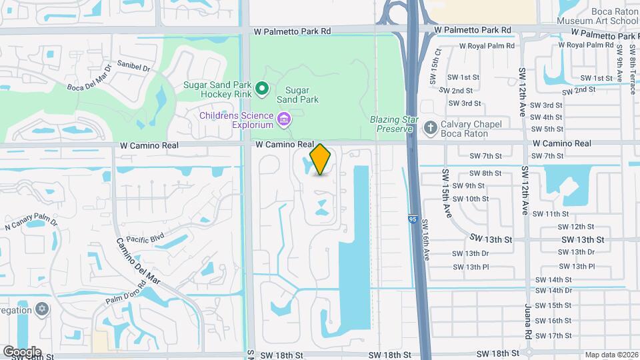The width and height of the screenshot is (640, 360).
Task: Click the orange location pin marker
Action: [321, 159]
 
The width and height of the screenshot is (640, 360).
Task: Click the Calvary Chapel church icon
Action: [431, 127]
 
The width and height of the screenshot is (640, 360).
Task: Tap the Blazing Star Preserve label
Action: [394, 123]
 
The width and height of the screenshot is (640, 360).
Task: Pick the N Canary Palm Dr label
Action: [32, 223]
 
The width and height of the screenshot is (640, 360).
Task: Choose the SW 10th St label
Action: [470, 199]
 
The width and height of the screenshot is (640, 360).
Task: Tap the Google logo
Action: [22, 352]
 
